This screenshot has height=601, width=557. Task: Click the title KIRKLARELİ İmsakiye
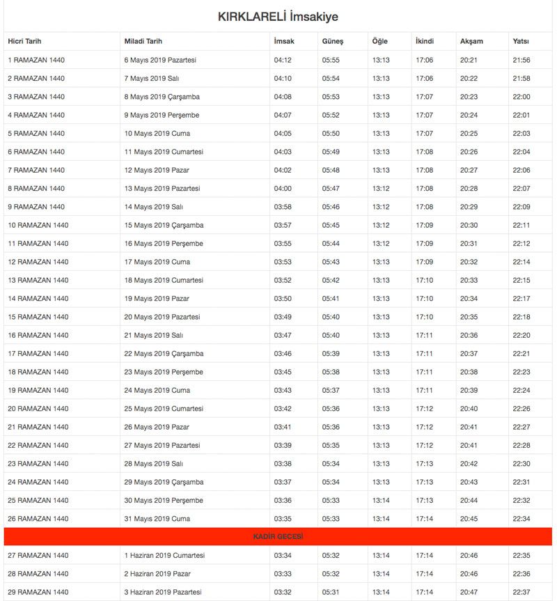pos(278,16)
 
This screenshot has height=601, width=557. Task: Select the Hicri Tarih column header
pos(25,42)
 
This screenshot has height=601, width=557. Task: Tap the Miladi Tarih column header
pos(143,42)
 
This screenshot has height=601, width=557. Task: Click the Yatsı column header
pos(521,42)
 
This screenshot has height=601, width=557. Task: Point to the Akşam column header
pos(471,42)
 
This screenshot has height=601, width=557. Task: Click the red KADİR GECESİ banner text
pos(278,537)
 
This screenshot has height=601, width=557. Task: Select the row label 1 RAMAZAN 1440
pos(36,60)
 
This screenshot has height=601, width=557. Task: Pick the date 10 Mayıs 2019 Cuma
pos(157,134)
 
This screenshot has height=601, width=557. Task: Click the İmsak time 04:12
pos(283,60)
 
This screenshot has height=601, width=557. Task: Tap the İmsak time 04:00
pos(283,189)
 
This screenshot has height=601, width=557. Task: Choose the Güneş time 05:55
pos(331,60)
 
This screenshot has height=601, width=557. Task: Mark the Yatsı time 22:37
pos(521,592)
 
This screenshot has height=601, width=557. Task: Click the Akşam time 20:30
pos(469,226)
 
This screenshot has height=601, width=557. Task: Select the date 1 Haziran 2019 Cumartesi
pos(164,556)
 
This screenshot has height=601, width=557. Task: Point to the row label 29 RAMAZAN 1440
pos(38,592)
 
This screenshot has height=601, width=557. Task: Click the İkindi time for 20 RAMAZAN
pos(424,409)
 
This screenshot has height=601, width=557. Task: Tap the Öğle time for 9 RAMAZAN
pos(381,207)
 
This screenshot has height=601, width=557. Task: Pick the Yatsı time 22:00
pos(521,97)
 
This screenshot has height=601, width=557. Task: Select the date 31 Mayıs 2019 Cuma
pos(157,519)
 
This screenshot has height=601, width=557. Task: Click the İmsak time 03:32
pos(283,592)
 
